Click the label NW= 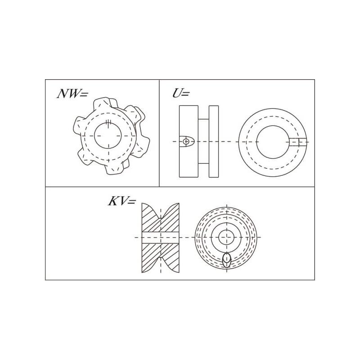(72, 94)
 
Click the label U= (181, 93)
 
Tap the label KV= (122, 201)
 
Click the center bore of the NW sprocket (108, 136)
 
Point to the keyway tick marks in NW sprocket (108, 123)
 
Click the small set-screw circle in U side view (186, 141)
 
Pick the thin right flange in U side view (214, 141)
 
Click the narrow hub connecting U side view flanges (203, 141)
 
